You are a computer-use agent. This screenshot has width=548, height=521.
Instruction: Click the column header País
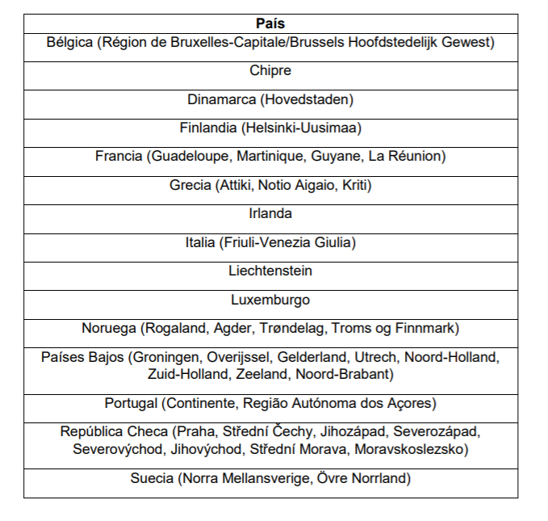(270, 23)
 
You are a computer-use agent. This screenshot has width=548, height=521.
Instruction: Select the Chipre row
(270, 71)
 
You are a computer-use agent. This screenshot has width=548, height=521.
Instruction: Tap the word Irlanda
(270, 214)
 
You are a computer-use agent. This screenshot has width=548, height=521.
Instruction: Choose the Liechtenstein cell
(270, 271)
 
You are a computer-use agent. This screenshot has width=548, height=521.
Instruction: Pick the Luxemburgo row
(270, 300)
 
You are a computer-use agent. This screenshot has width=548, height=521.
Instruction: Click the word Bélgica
(69, 42)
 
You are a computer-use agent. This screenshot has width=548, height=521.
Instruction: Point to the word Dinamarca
(220, 100)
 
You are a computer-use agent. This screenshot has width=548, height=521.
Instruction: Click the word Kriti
(353, 186)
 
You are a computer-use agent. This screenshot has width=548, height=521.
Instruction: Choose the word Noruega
(109, 329)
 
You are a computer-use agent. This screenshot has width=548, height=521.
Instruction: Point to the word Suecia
(152, 478)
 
